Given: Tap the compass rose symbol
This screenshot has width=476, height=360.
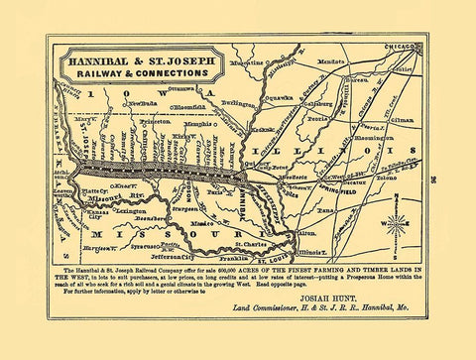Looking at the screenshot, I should [396, 223].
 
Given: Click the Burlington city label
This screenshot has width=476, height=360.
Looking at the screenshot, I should [242, 102].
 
